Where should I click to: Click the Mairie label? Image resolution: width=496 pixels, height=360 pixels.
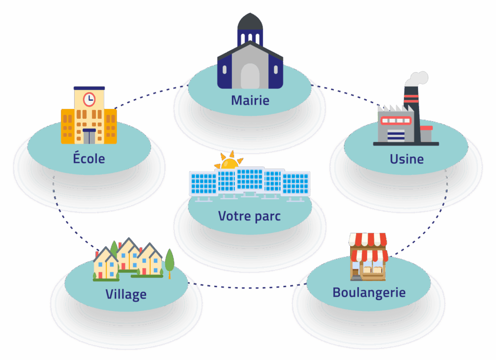coord(249,101)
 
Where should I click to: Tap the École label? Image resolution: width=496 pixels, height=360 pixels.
coord(89,158)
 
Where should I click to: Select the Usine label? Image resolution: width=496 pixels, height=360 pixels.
coord(406,159)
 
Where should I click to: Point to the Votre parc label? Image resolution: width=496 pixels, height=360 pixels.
coord(249,216)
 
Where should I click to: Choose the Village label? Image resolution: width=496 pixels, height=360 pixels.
coord(126,294)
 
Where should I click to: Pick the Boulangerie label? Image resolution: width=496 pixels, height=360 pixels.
coord(369,293)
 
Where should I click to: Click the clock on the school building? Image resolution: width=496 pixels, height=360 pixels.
coord(89,99)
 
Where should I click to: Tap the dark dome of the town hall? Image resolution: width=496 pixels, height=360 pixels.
coord(250,21)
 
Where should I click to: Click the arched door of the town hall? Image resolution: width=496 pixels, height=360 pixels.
coord(250,76)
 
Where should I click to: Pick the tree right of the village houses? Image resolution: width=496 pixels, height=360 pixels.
coord(170,262)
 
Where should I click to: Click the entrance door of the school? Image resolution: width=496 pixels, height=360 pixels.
coord(89,137)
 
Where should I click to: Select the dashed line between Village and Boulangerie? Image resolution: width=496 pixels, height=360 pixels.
coord(247,285)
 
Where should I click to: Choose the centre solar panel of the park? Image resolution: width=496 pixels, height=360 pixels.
coord(249,180)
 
